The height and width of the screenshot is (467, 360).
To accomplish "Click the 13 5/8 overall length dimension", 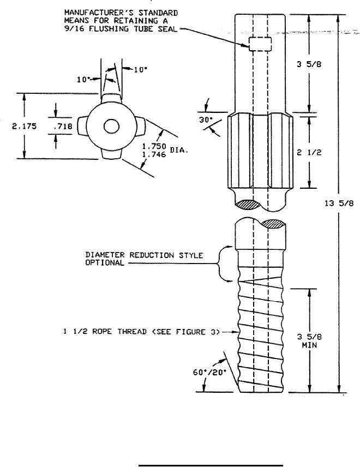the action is (x=339, y=203).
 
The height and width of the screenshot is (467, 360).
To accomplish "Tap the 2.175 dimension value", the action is (x=25, y=126).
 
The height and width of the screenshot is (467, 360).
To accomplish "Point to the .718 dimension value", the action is (x=63, y=126).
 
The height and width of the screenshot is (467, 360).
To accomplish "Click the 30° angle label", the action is (x=206, y=120).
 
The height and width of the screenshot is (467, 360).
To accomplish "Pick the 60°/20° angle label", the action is (x=209, y=372).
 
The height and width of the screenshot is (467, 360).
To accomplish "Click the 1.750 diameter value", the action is (x=154, y=147).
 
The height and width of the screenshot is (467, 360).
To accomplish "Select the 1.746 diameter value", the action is (x=154, y=154).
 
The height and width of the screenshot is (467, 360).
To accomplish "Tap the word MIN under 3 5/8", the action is (x=309, y=345).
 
